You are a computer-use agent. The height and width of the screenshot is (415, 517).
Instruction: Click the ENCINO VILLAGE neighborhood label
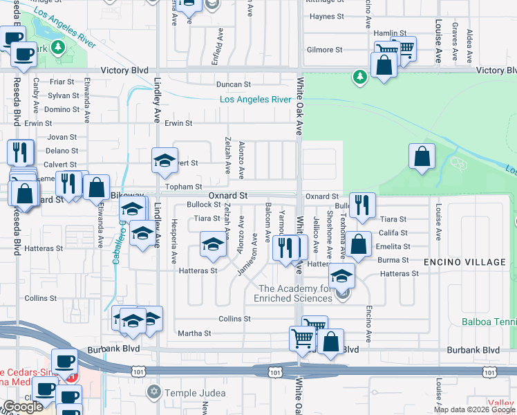click(465, 262)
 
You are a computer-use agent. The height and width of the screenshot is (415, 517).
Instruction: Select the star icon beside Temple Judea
click(153, 393)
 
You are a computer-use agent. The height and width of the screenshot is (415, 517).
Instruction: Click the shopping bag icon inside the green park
click(422, 158)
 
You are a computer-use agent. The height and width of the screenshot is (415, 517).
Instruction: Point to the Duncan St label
click(233, 84)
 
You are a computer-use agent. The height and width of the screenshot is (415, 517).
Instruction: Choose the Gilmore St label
click(325, 50)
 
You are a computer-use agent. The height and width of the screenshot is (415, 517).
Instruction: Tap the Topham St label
click(184, 187)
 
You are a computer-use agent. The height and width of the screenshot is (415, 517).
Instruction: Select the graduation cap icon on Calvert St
click(164, 161)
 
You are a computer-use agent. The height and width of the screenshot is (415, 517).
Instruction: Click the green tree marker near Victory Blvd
click(359, 76)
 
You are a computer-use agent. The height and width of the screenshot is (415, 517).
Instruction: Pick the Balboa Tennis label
click(490, 322)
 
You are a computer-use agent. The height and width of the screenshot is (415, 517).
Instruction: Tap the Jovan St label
click(62, 137)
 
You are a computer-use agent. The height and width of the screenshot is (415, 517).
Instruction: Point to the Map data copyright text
click(474, 409)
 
